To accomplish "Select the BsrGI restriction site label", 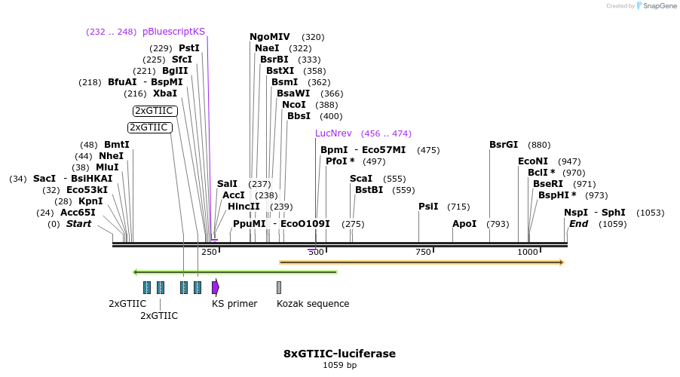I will coord(504,145).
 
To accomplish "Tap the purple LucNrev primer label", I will coord(335,133).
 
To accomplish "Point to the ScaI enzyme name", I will coord(361,179).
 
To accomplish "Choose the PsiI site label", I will coord(428,207).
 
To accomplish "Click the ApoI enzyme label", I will coord(464,224).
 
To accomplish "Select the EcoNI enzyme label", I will coord(533,161).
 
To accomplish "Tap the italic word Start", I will coord(78,224).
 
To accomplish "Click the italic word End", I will coord(578,224).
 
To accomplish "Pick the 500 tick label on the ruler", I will coord(315,252).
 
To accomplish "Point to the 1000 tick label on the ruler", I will coord(528,252).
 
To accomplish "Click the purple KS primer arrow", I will coord(216,287).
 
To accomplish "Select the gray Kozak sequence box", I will coord(279,287).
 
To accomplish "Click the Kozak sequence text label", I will coord(313,304).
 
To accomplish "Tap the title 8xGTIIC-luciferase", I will coord(339,354).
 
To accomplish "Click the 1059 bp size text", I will coord(339,366).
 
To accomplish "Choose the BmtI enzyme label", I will coord(117,145).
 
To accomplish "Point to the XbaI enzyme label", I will coord(165,93).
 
